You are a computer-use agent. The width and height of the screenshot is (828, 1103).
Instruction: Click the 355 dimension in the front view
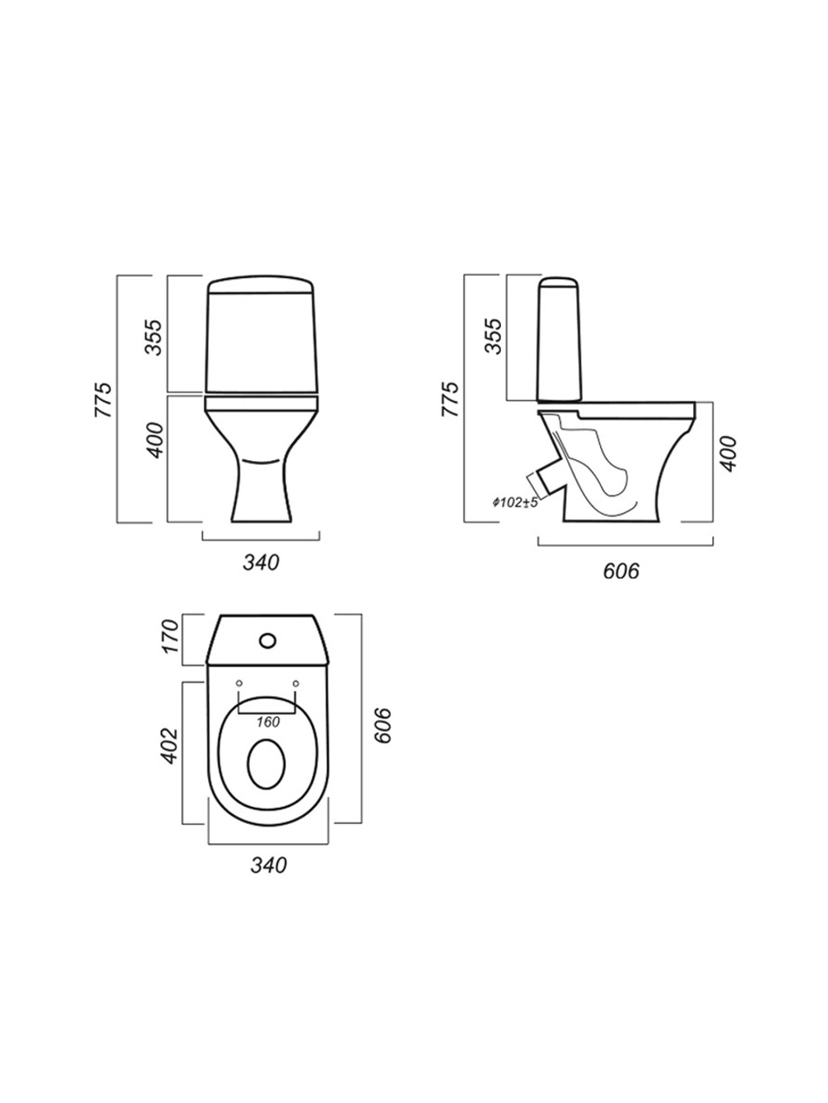pyautogui.click(x=154, y=337)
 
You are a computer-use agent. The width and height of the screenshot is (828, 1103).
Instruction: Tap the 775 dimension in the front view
pyautogui.click(x=103, y=400)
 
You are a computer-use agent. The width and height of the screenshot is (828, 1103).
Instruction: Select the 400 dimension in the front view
pyautogui.click(x=155, y=440)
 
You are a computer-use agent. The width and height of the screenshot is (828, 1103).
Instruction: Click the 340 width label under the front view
pyautogui.click(x=261, y=563)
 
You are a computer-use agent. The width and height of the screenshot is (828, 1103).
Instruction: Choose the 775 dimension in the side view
pyautogui.click(x=450, y=399)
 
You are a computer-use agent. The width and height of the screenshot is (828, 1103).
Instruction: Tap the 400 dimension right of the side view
pyautogui.click(x=729, y=453)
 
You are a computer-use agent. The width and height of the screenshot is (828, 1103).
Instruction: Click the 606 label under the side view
pyautogui.click(x=621, y=571)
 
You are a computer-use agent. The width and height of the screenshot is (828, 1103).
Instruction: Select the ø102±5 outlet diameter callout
pyautogui.click(x=515, y=501)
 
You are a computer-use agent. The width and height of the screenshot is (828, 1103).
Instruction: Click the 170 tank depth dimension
pyautogui.click(x=171, y=636)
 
